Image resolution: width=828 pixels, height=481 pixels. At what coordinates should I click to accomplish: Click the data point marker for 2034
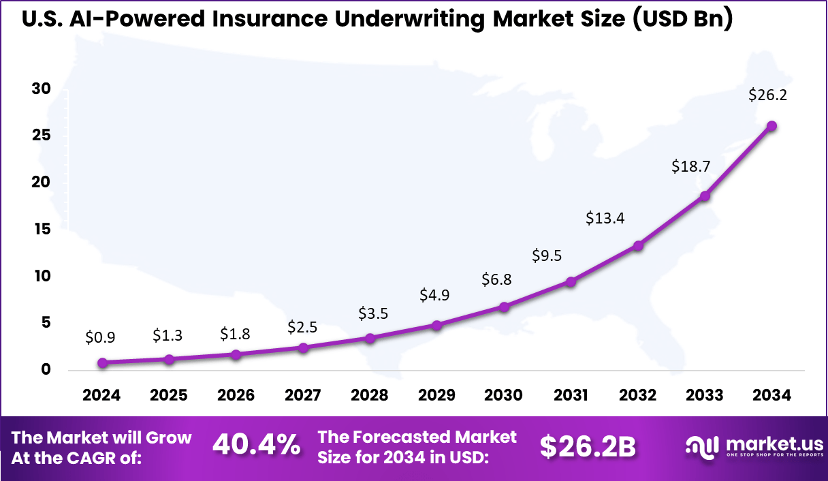pos(771,126)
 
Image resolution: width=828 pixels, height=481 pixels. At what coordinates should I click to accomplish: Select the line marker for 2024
pos(103,363)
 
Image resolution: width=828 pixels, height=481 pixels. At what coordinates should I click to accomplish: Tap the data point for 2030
pos(504,307)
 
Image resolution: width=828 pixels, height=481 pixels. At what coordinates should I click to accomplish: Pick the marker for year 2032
pos(638,245)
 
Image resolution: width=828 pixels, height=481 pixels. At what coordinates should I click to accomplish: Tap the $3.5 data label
pos(372,313)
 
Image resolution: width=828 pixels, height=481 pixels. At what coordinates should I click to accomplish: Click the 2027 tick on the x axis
pos(303,395)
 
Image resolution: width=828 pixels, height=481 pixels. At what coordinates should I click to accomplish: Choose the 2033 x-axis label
pos(705,395)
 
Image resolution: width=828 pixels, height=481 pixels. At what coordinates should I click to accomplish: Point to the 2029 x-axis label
pos(437,395)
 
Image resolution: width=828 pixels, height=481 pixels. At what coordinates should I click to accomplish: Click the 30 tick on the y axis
pos(42,90)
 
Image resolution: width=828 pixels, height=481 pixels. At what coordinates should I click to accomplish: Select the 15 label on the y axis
pos(42,230)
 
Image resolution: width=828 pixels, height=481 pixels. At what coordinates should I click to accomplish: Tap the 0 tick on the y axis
pos(46,370)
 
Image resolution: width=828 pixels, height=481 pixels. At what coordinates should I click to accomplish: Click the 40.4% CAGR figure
pos(257,446)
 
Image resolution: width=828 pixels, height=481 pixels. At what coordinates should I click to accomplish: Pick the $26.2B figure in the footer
pos(588,447)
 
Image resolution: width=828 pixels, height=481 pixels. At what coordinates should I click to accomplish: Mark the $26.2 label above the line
pos(768,95)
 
